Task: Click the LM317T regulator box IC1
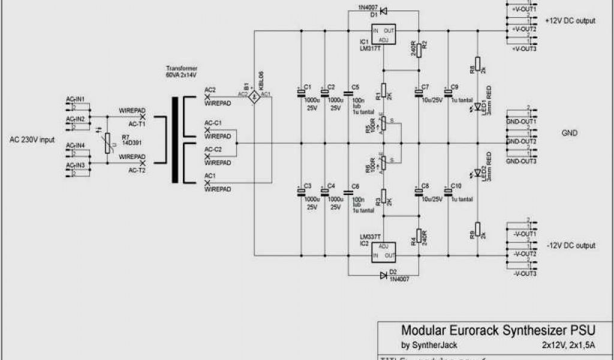pyautogui.click(x=384, y=35)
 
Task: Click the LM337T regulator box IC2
pyautogui.click(x=384, y=251)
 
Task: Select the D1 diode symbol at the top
pyautogui.click(x=384, y=11)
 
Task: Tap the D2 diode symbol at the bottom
pyautogui.click(x=384, y=275)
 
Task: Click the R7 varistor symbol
pyautogui.click(x=107, y=142)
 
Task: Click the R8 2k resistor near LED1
pyautogui.click(x=478, y=64)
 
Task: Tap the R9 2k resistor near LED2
pyautogui.click(x=478, y=232)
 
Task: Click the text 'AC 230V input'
pyautogui.click(x=32, y=140)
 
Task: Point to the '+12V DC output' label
pyautogui.click(x=570, y=20)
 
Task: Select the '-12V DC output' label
pyautogui.click(x=571, y=246)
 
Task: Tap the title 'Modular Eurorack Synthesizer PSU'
pyautogui.click(x=490, y=330)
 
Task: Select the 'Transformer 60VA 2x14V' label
pyautogui.click(x=182, y=72)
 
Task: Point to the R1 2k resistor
pyautogui.click(x=384, y=94)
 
